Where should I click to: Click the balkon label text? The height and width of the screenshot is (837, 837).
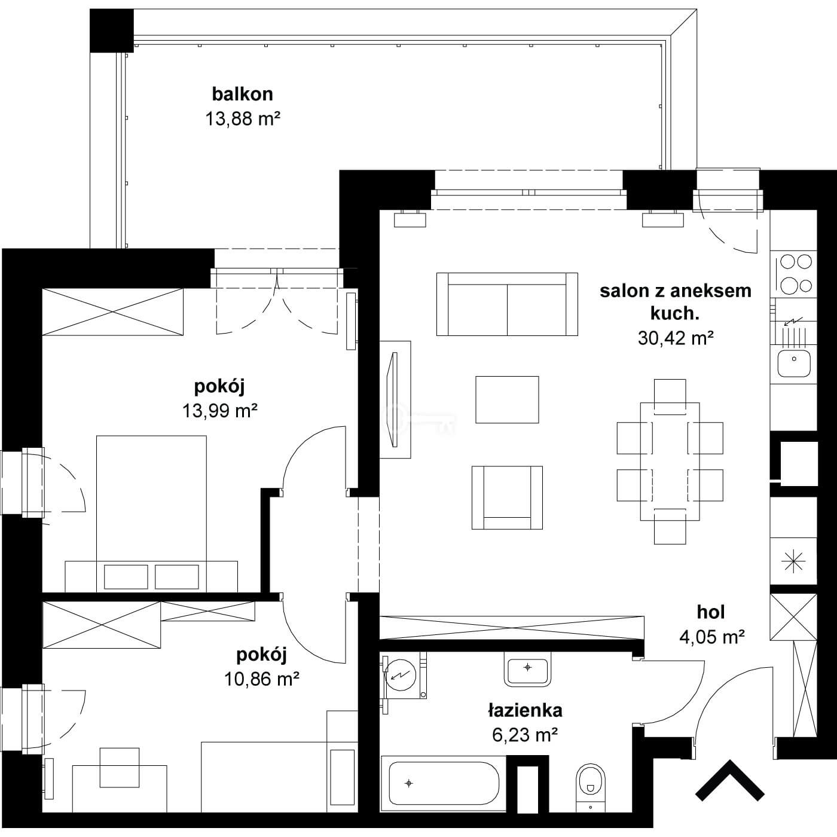tap(242, 94)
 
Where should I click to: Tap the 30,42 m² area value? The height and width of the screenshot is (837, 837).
tap(676, 338)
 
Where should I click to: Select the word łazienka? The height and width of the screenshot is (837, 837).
tap(525, 710)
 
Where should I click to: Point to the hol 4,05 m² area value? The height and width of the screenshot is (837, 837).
tap(712, 637)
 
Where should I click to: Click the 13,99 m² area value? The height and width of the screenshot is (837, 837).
tap(220, 410)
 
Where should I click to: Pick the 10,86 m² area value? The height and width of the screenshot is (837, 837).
tap(261, 679)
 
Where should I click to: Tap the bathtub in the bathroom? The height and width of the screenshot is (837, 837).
tap(444, 784)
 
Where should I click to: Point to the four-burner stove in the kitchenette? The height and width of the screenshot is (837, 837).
tap(793, 274)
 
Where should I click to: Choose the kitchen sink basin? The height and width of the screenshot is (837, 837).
tap(793, 363)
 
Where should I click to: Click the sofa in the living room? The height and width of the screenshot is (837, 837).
tap(507, 304)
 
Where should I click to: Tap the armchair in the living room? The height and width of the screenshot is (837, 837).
tap(507, 497)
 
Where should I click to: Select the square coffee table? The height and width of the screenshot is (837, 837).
tap(507, 399)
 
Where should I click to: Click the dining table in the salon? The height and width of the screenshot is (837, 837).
tap(670, 462)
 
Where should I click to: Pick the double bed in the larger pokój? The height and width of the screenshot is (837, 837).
tap(151, 514)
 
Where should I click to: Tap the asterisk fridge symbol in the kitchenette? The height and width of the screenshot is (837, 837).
tap(793, 561)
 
